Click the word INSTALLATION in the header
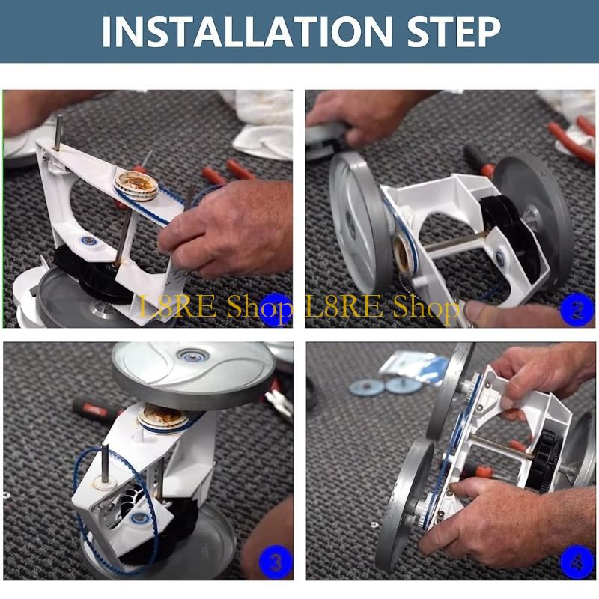pos(248,31)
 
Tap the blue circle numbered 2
pos(576,308)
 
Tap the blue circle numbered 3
pos(274,562)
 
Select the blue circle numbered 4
pos(576,562)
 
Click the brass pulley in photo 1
pos(136,184)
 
